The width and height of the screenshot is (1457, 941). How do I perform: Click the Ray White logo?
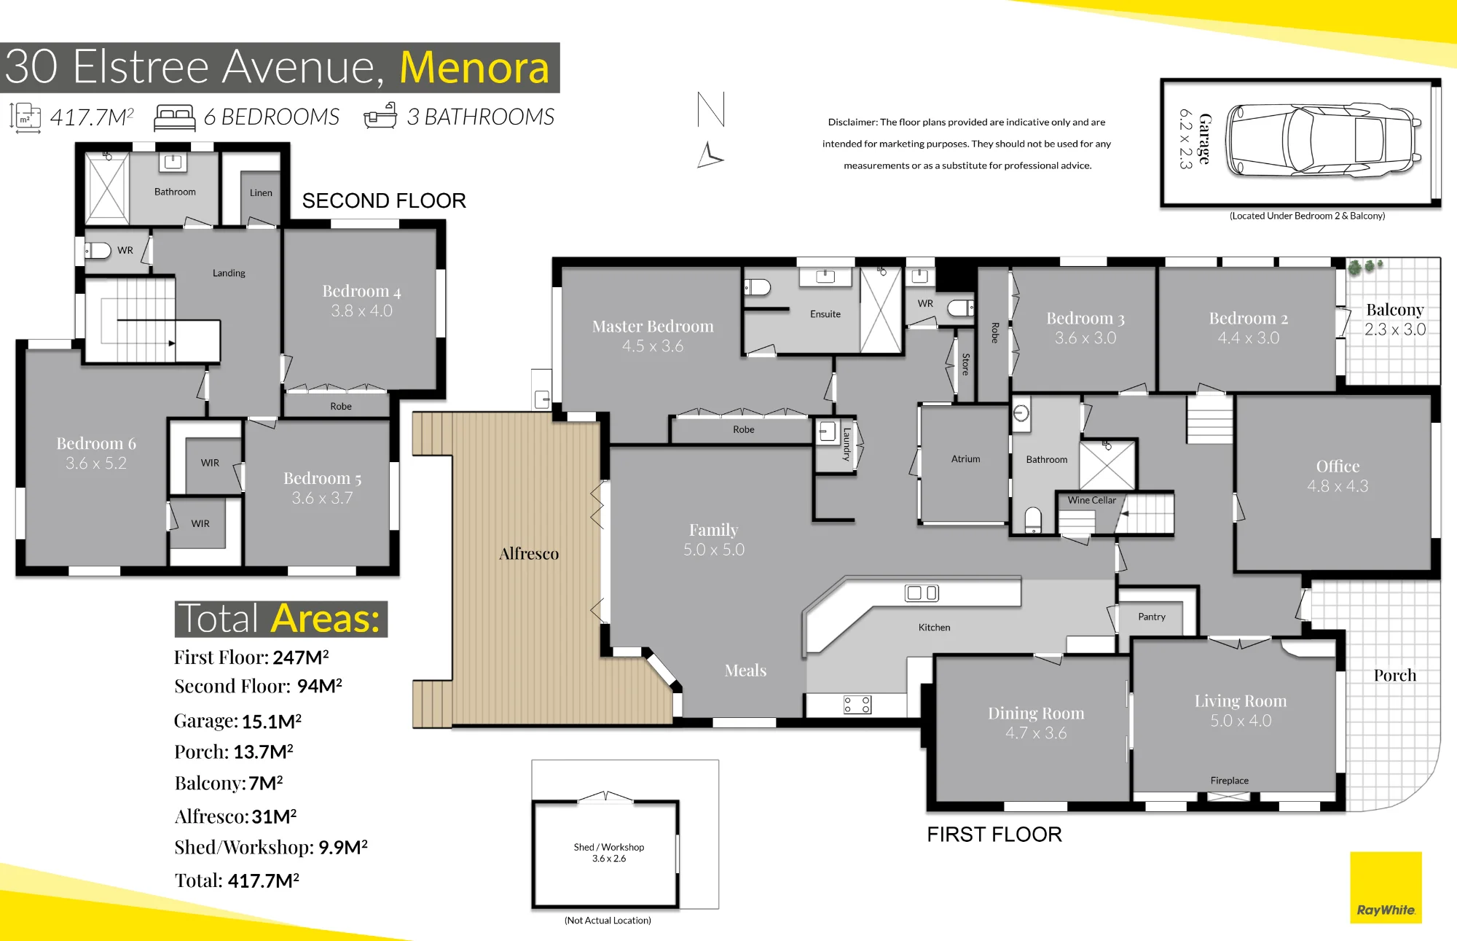click(1386, 887)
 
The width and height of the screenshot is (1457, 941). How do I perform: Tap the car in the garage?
click(1324, 141)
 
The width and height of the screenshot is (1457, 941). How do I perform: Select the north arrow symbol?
click(710, 130)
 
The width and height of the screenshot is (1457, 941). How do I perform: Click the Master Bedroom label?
click(653, 327)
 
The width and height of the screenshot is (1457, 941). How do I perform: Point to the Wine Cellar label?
click(1091, 500)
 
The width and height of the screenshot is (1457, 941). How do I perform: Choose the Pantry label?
click(1152, 617)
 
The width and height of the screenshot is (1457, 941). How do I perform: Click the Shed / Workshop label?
click(609, 847)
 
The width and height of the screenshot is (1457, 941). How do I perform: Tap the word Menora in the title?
click(474, 67)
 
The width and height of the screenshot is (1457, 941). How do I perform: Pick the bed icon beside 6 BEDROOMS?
click(175, 117)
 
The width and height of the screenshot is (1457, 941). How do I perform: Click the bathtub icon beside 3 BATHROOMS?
click(380, 116)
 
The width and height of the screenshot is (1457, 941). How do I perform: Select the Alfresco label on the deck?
click(529, 554)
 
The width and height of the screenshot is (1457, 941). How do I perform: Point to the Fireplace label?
click(1230, 781)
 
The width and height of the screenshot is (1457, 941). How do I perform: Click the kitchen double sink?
click(922, 593)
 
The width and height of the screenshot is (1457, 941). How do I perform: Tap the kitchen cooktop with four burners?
click(857, 705)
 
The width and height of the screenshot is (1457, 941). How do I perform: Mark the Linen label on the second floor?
click(261, 193)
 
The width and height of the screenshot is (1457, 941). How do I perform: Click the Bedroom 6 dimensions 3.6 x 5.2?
click(96, 464)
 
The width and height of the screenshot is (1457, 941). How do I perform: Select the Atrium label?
click(966, 459)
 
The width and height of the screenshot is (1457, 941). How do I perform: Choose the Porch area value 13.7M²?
click(263, 751)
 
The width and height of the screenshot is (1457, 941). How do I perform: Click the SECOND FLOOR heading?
click(384, 201)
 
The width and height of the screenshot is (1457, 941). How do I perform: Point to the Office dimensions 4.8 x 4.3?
click(1338, 486)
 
